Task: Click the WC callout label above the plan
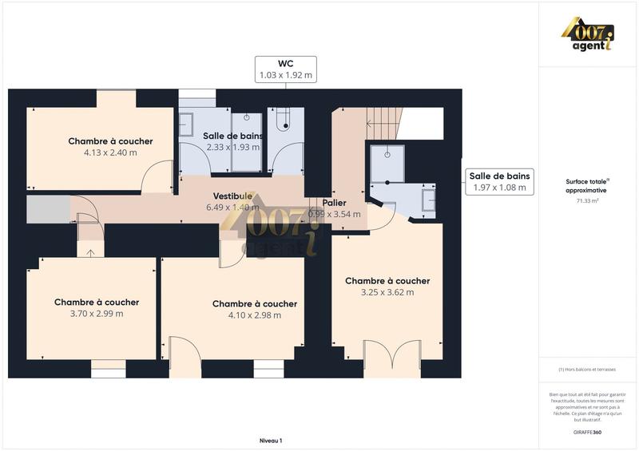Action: (285, 69)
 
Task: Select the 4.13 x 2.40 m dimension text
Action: (110, 152)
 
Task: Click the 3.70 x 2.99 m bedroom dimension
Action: (97, 314)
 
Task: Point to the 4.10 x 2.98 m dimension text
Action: (255, 315)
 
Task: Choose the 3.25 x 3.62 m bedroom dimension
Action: (387, 292)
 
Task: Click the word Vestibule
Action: (232, 196)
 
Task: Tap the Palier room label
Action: (335, 203)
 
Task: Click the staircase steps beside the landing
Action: (383, 124)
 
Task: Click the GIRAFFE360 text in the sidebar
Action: (586, 432)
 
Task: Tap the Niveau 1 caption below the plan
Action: (271, 441)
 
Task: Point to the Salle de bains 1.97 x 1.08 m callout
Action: (500, 182)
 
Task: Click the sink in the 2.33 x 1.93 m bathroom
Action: (186, 124)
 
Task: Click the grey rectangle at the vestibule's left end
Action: (48, 209)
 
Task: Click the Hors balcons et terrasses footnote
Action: (587, 370)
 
